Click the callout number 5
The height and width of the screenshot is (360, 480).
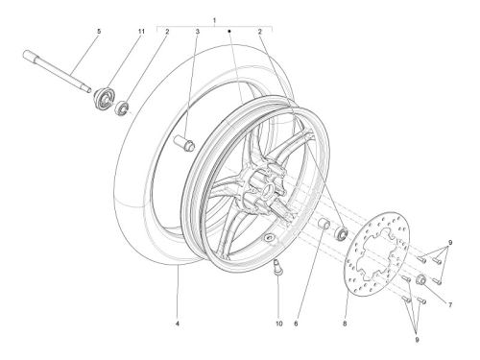[99, 32]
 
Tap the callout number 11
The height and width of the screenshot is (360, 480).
[141, 32]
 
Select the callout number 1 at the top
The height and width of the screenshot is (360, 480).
[214, 20]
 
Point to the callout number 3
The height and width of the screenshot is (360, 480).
[198, 32]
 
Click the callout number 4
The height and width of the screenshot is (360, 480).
[178, 324]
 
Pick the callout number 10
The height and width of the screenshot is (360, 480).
[279, 324]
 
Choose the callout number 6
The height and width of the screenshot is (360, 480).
[296, 324]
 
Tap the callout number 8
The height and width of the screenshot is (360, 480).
[345, 324]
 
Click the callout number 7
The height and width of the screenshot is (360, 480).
[450, 305]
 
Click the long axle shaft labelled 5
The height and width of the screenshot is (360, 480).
[57, 71]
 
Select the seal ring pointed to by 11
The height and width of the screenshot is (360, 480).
[104, 98]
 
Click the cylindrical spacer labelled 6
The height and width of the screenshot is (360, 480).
[325, 224]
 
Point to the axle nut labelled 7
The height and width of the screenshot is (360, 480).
[420, 279]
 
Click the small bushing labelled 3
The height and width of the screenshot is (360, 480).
[184, 143]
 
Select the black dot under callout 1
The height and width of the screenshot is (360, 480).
[229, 32]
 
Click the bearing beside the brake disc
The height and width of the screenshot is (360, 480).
[341, 233]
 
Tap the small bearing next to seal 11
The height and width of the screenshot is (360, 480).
[122, 108]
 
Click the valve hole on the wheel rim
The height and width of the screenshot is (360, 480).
[268, 237]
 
